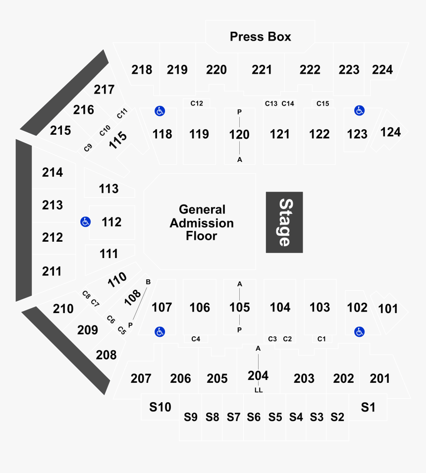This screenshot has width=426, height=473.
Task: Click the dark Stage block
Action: [284, 222]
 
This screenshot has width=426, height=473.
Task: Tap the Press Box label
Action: [260, 37]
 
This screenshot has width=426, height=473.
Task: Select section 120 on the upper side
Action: [239, 134]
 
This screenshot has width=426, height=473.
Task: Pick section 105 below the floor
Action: [239, 307]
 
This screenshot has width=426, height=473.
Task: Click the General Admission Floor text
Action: [202, 223]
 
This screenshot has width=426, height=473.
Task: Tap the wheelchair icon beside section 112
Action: [85, 222]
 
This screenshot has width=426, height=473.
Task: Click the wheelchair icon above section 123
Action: [359, 111]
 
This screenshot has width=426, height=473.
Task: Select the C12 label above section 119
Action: [197, 104]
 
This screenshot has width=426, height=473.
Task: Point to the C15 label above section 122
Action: [322, 104]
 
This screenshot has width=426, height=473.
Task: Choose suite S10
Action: [160, 407]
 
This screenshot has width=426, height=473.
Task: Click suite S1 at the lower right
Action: [368, 407]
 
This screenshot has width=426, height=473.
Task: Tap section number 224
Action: [382, 70]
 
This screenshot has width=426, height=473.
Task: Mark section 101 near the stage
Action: [388, 309]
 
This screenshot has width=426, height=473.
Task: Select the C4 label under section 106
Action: [196, 339]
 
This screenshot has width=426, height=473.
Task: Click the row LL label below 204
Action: [258, 390]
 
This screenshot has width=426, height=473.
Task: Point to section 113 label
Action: [108, 189]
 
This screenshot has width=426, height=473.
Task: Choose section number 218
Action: [142, 70]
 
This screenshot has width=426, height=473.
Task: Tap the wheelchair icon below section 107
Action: [160, 332]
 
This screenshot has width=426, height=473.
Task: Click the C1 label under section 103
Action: [321, 339]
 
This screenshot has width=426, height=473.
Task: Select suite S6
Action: [254, 417]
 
